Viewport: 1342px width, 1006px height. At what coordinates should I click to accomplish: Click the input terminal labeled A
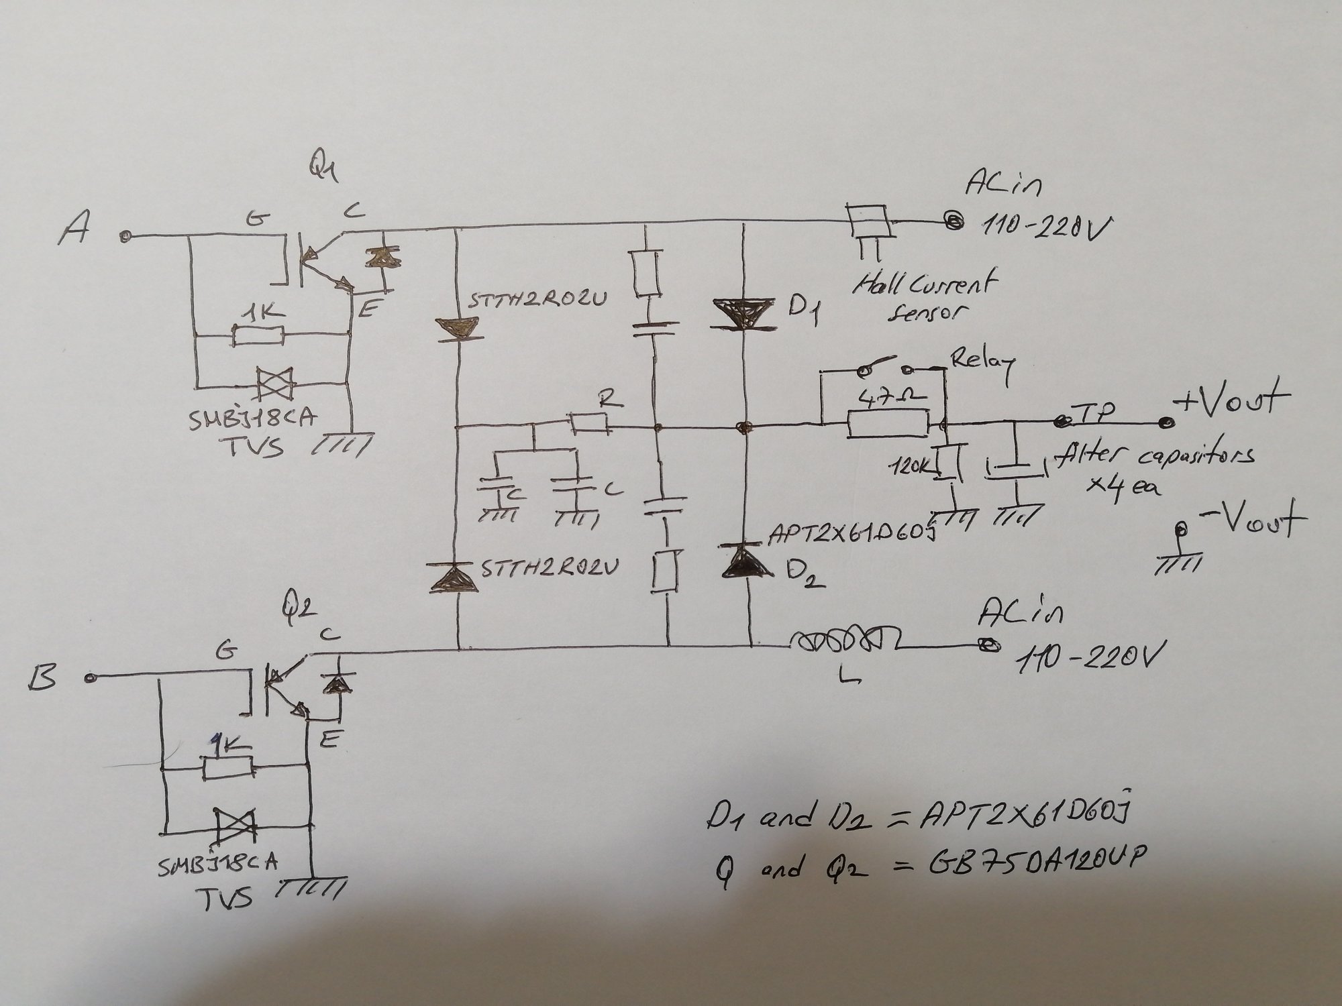(124, 236)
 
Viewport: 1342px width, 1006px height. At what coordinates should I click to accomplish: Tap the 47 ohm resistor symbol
(888, 425)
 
